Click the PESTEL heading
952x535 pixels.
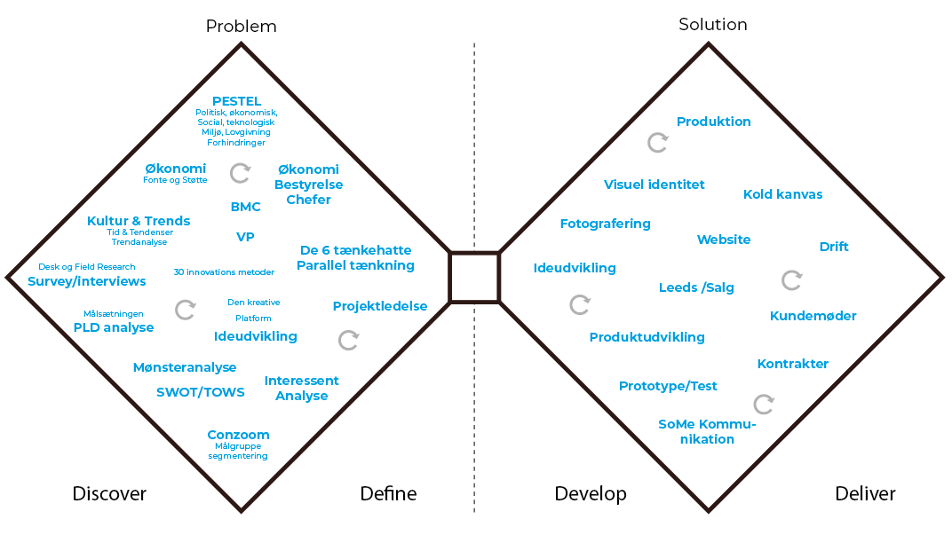point(236,101)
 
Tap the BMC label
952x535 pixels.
point(245,207)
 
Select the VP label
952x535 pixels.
point(245,237)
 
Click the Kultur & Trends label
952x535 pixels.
point(139,221)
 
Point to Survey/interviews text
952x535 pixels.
point(87,281)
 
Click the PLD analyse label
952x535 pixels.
point(114,327)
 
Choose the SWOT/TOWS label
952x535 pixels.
point(201,392)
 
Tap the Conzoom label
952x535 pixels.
point(238,435)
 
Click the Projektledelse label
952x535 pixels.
point(380,306)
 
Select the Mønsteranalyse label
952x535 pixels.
point(185,367)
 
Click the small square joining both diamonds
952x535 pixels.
point(473,277)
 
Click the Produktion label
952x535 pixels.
point(714,122)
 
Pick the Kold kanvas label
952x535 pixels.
point(782,194)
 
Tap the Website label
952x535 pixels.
point(724,240)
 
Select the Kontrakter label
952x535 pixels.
point(793,364)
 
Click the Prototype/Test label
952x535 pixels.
point(668,386)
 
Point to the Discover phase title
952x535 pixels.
point(109,494)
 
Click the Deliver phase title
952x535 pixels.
point(865,494)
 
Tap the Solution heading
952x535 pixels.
point(712,25)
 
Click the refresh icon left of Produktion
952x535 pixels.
point(657,142)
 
